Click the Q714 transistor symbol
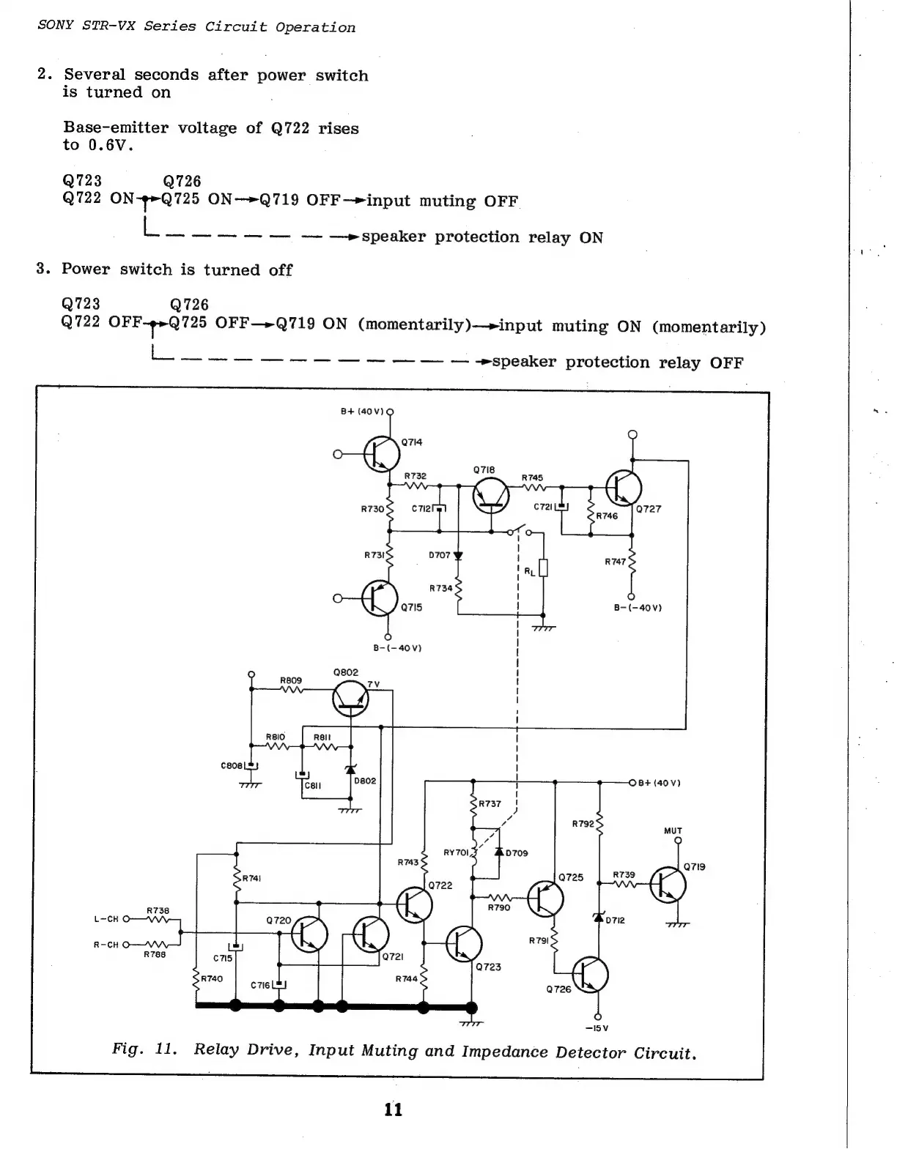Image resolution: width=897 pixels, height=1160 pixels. tap(382, 455)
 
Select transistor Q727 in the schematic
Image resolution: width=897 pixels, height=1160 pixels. tap(624, 488)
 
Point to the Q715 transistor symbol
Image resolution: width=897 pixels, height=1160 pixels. tap(380, 598)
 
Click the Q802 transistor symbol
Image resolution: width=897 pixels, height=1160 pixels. tap(351, 699)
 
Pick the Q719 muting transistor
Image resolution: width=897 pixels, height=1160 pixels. tap(668, 885)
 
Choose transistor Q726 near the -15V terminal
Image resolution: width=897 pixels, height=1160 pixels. tap(590, 974)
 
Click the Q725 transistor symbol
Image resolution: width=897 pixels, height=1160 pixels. tap(545, 898)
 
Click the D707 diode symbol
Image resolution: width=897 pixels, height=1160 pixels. tap(459, 556)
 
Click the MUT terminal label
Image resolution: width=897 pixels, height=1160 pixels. tap(673, 830)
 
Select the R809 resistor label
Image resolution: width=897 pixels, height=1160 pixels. tap(291, 680)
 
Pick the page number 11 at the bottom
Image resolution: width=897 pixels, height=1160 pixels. tap(394, 1110)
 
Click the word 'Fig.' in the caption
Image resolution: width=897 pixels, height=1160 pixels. tap(127, 1049)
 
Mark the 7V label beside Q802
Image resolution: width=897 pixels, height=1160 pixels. tap(374, 684)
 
